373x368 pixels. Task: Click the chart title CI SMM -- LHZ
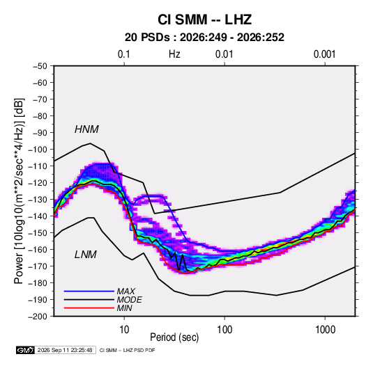point(204,19)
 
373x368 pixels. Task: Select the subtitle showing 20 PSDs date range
point(204,38)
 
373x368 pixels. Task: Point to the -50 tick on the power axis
point(40,66)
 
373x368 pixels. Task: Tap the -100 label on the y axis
point(38,150)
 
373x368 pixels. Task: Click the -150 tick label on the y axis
point(38,233)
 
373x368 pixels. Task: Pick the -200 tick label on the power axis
point(38,317)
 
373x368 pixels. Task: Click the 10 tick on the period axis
point(124,330)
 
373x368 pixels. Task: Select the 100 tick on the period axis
point(224,330)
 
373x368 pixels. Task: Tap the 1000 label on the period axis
point(325,330)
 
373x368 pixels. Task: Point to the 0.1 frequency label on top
point(124,54)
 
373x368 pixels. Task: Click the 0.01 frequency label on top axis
point(224,54)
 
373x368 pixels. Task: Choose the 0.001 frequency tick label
point(324,54)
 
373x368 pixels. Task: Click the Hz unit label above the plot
point(174,54)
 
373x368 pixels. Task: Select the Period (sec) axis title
point(174,337)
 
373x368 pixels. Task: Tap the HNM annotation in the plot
point(86,129)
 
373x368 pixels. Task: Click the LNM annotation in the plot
point(86,255)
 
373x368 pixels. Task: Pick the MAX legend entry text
point(126,291)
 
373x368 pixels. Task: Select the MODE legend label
point(130,300)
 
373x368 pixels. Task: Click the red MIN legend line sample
point(89,308)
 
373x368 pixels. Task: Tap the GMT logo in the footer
point(25,350)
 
